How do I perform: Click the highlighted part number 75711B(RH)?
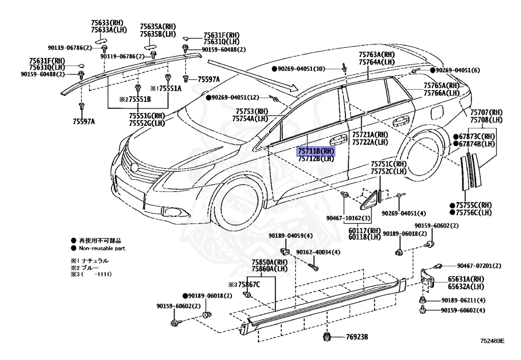pos(316,151)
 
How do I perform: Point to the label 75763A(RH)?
pos(377,54)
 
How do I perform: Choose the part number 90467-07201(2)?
pos(479,266)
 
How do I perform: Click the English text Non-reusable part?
pos(102,248)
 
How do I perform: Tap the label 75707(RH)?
pos(486,112)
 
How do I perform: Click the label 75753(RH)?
pos(251,112)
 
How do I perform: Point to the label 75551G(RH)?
pos(147,116)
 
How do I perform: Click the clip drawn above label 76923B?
pos(327,336)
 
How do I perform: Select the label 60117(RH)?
pos(364,230)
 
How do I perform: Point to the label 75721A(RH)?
pos(370,135)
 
